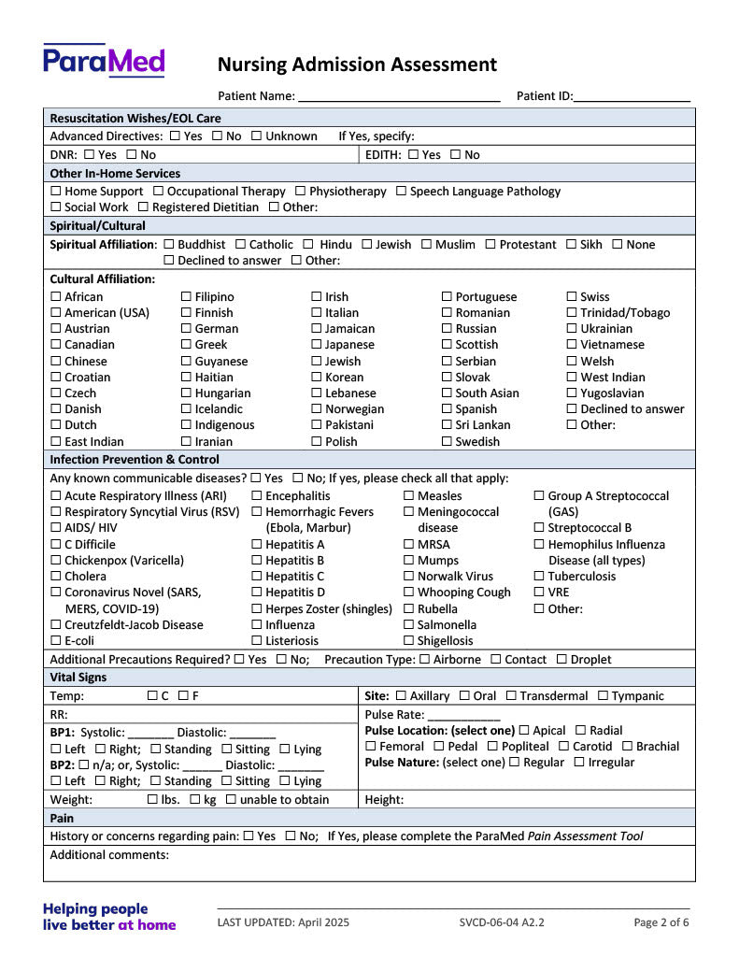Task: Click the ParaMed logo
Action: point(104,61)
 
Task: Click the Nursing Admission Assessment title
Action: point(357,64)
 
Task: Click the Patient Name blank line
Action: point(399,96)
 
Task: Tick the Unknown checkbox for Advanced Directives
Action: point(256,136)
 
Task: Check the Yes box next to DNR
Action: point(89,155)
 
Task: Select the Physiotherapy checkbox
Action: point(301,192)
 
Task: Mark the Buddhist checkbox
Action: point(169,245)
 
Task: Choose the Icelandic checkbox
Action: point(187,409)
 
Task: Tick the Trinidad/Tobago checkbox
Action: point(573,313)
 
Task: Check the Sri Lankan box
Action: point(448,425)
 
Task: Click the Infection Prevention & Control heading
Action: point(135,460)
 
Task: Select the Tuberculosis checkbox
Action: point(540,577)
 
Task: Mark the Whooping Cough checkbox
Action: point(409,593)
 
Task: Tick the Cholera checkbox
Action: point(56,577)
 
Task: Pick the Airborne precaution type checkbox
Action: point(425,660)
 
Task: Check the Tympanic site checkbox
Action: point(604,696)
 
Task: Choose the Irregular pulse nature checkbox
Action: point(579,763)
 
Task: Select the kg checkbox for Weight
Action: point(195,800)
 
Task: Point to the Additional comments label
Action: point(109,855)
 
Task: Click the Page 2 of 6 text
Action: point(661,922)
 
